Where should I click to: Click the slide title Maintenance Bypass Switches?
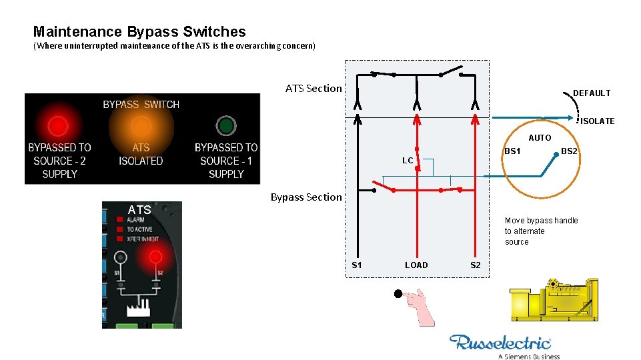[x=139, y=31]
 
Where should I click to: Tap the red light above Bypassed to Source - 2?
[x=58, y=125]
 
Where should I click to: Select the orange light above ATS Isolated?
[x=141, y=125]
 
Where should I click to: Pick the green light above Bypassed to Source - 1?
[x=226, y=125]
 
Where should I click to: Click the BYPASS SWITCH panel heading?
[x=141, y=105]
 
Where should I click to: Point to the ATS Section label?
[x=313, y=88]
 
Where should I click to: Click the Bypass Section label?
[x=306, y=197]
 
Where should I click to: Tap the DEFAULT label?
[x=592, y=93]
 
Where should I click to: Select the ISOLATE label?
[x=597, y=121]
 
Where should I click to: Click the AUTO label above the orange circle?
[x=540, y=138]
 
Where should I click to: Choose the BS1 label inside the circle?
[x=512, y=151]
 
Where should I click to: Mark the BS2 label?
[x=569, y=152]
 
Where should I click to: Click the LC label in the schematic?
[x=407, y=161]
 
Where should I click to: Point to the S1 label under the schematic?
[x=357, y=265]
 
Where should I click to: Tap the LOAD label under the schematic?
[x=416, y=265]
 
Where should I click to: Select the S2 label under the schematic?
[x=475, y=265]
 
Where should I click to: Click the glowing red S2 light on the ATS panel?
[x=155, y=257]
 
